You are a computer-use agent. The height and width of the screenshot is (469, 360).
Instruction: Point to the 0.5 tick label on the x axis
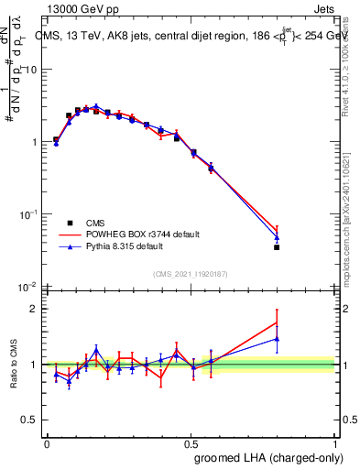click(191, 443)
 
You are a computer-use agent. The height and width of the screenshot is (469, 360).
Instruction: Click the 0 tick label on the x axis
click(47, 443)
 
